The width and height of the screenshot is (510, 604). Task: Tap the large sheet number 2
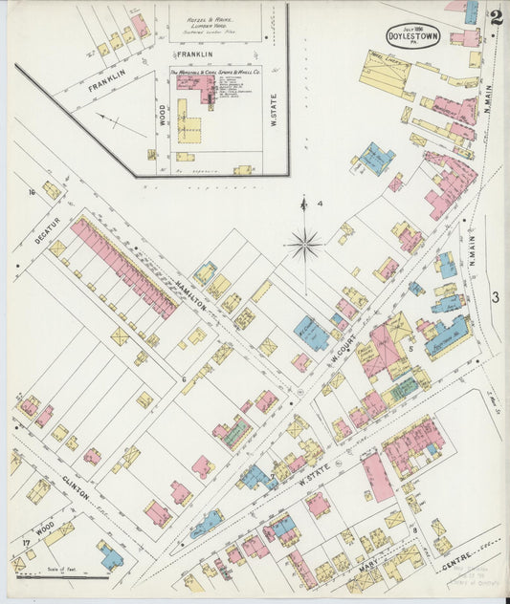point(496,16)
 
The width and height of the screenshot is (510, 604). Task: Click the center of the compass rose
point(304,246)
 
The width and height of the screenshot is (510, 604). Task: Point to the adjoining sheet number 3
point(496,297)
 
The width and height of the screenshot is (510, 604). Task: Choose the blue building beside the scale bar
point(109,555)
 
